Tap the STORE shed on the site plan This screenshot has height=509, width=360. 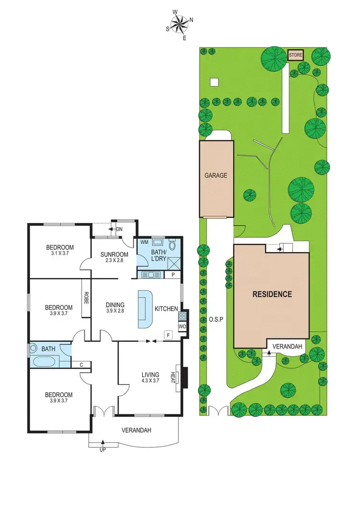(296, 55)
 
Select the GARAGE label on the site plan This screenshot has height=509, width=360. (216, 176)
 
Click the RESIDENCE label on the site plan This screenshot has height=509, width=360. (272, 294)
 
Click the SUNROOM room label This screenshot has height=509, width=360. (114, 254)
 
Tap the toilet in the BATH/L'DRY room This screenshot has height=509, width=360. (172, 245)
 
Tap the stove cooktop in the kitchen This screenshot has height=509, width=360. (182, 316)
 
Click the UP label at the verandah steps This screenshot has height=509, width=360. (102, 450)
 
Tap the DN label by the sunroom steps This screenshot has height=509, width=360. (120, 230)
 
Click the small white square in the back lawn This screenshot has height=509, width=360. (214, 82)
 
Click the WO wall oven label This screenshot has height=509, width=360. (182, 327)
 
